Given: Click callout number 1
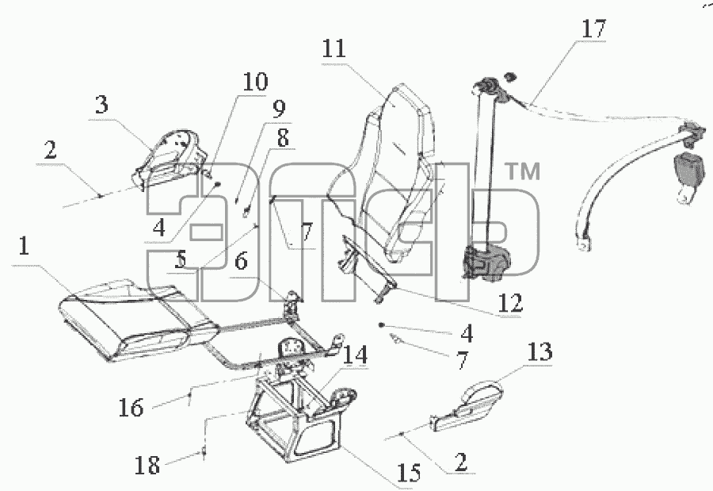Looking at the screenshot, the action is coord(24,246).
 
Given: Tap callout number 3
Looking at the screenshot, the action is coord(102,104).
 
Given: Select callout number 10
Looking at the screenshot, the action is coord(255,82).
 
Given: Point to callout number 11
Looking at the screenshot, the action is coord(334,48).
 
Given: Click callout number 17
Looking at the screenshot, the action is coord(594,29).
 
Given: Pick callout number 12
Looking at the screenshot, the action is coord(511,302).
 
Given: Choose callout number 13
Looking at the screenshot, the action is coord(540,351).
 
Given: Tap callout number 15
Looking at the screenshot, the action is coord(409,473).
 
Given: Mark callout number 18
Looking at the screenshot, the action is coord(147,466).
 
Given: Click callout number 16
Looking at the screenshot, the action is coord(131,407).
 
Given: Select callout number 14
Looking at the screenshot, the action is coord(355,355).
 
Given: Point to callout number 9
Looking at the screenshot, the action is coord(279,109).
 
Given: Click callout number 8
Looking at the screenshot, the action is coord(283,138).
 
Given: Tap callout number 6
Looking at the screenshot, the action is coord(241,262).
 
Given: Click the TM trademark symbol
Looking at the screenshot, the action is coord(523,171).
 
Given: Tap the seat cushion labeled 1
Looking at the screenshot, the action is coord(136,319).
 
